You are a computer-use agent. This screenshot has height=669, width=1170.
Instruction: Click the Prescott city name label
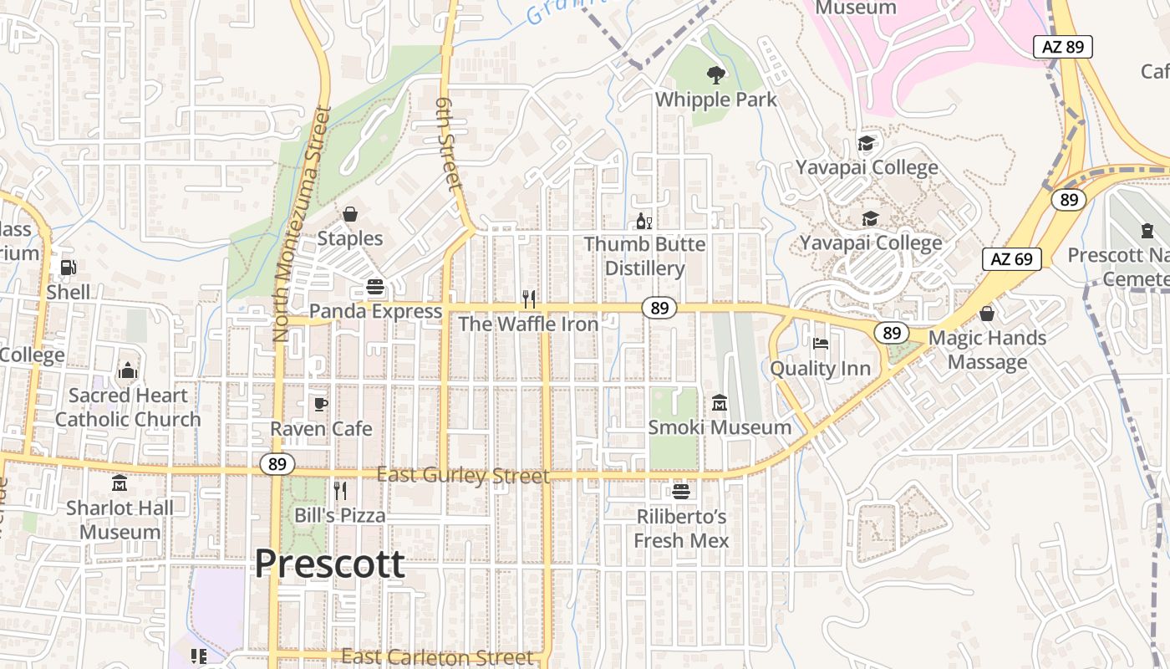coord(329,564)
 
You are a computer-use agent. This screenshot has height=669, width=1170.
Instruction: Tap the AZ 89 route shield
coord(1063,46)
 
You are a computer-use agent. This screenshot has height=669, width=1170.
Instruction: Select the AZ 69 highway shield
coord(1011,259)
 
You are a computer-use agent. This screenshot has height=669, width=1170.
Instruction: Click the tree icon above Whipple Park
coord(715,75)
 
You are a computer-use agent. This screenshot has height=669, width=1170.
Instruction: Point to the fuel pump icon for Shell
coord(68,267)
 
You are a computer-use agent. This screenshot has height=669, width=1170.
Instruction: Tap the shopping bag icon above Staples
coord(350,215)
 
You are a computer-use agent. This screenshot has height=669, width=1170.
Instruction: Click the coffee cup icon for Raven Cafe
coord(320,405)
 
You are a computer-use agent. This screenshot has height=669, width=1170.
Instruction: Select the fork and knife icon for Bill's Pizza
coord(340,490)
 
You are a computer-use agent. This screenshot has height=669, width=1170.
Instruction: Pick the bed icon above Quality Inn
coord(820,344)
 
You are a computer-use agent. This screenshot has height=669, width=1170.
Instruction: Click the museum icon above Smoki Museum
coord(720,403)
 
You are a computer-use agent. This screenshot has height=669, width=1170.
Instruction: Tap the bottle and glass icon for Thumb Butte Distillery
coord(643,222)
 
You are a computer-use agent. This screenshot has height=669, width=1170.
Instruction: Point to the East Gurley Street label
coord(463,476)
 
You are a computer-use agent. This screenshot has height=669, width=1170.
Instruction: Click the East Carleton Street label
coord(437,657)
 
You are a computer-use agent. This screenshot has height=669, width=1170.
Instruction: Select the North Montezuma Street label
coord(297,224)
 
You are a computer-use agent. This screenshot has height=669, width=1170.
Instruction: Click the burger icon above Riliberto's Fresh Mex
coord(681,491)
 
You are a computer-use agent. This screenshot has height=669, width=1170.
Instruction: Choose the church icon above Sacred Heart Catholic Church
coord(128,370)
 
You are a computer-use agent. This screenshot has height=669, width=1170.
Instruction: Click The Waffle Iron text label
coord(528,324)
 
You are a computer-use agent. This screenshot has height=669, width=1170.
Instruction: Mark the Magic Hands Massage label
coord(987,350)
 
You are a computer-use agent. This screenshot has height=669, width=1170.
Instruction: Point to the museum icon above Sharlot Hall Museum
coord(120,483)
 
